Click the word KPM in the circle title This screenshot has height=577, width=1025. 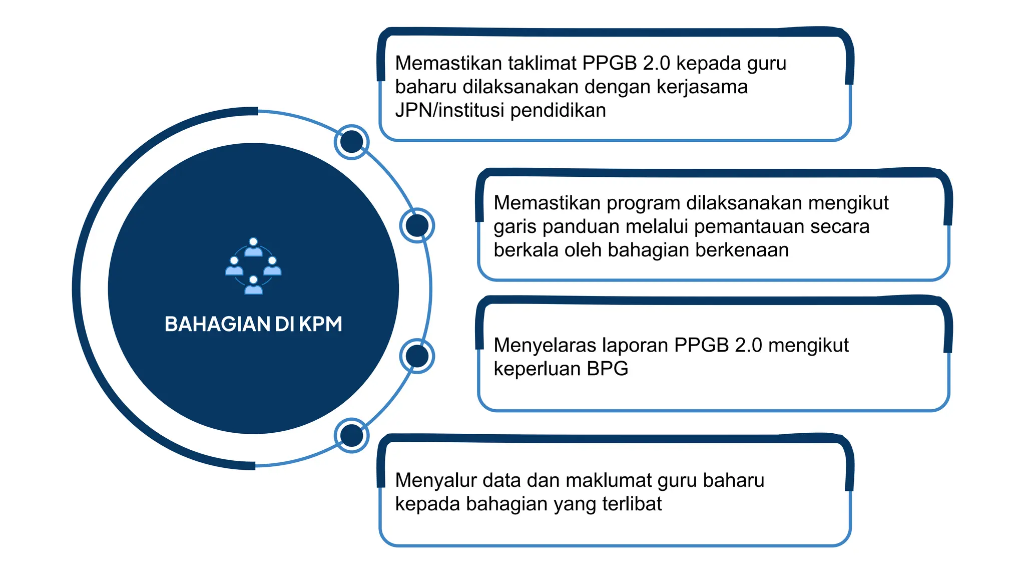(x=320, y=324)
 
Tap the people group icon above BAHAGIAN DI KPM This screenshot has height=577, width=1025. (x=253, y=266)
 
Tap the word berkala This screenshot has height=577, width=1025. (x=526, y=250)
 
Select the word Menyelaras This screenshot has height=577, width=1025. (x=545, y=345)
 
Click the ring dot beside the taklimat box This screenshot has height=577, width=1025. (x=351, y=142)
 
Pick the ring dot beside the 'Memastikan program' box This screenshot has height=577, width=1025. (x=417, y=225)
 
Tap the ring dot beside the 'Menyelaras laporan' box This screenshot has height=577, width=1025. (x=417, y=356)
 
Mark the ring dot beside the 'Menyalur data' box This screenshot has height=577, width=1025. (x=351, y=435)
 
